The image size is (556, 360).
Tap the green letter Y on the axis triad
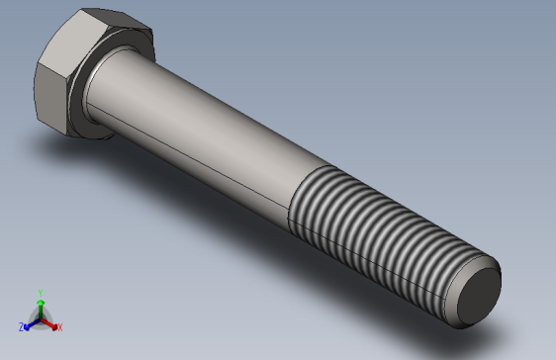pyautogui.click(x=40, y=292)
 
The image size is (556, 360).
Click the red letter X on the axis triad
pyautogui.click(x=59, y=326)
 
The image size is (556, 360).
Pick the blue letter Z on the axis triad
pyautogui.click(x=21, y=326)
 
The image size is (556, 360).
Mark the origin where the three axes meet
pyautogui.click(x=40, y=317)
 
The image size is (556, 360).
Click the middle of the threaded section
pyautogui.click(x=386, y=242)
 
